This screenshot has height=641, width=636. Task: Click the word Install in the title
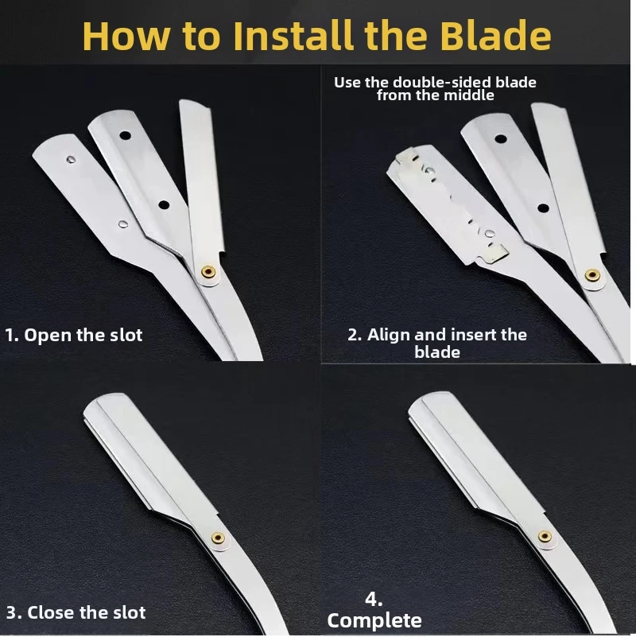click(295, 36)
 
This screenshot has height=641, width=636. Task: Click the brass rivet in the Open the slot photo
click(209, 271)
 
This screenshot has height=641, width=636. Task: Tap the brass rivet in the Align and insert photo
click(591, 275)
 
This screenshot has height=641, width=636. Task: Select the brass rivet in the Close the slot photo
click(218, 538)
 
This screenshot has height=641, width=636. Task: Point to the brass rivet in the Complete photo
click(545, 536)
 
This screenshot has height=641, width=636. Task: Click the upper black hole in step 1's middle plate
click(125, 135)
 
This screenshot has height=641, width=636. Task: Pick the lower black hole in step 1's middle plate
click(164, 205)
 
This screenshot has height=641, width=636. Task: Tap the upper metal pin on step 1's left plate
click(71, 159)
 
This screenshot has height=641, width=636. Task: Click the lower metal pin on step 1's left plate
click(122, 223)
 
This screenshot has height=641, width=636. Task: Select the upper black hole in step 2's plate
click(501, 139)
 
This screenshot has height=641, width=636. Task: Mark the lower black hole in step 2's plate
click(543, 208)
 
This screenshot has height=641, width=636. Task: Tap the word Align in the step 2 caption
click(388, 335)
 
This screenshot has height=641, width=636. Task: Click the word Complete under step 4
click(374, 621)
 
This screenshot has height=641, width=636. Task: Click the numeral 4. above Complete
click(374, 600)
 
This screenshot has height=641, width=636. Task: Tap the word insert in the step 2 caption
click(471, 335)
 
